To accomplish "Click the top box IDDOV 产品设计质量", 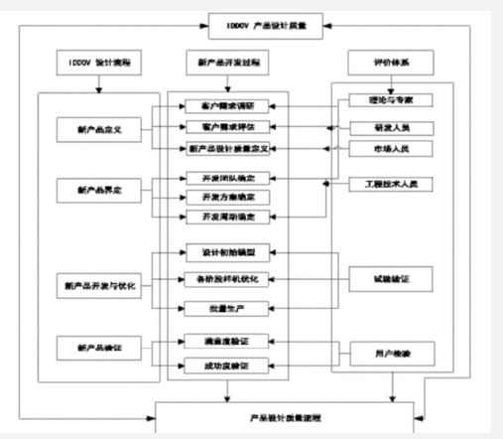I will point(263,25).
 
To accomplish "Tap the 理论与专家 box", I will point(379,101).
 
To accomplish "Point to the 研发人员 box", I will point(379,127).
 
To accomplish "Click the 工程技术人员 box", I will point(379,185).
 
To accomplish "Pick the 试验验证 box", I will point(379,280).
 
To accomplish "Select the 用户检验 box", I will point(379,353).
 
